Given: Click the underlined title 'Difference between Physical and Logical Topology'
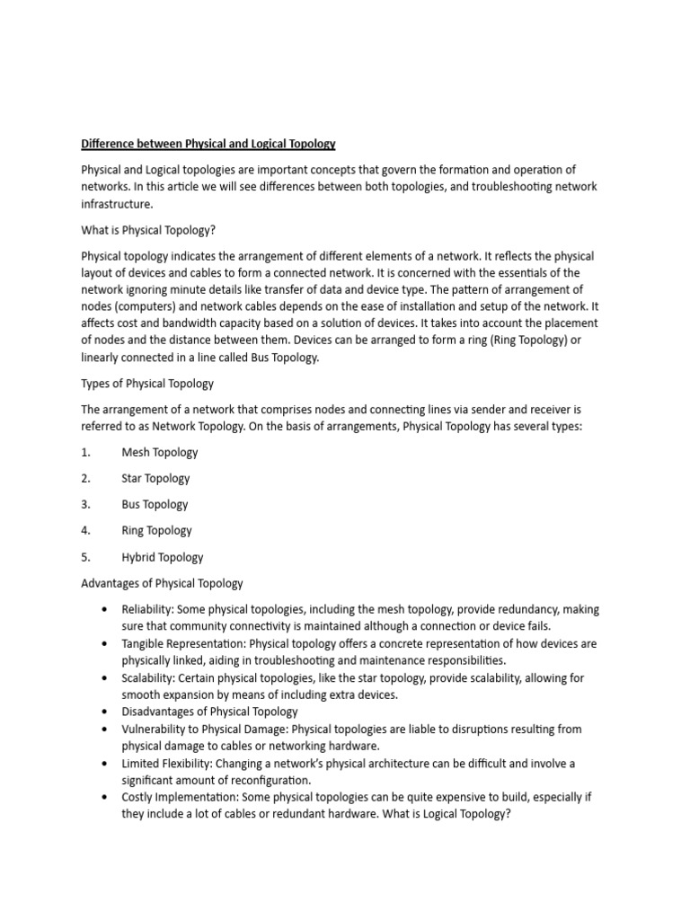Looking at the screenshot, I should (208, 144).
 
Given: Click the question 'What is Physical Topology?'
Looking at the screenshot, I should (148, 230).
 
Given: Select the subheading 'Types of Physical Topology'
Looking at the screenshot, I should (147, 384).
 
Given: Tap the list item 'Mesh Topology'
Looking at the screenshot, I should (160, 453).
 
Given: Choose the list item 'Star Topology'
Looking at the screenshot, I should (155, 479).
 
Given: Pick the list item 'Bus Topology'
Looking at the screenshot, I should (155, 505).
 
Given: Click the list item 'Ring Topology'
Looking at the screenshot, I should (156, 531).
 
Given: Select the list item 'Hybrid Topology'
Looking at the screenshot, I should (163, 557).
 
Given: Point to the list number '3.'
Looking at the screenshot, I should (86, 505).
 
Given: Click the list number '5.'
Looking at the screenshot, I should (86, 557).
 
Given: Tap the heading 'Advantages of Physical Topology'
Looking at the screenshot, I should (162, 583).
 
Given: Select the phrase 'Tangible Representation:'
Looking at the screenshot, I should (183, 644).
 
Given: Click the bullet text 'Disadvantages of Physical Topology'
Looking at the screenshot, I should (209, 712).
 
